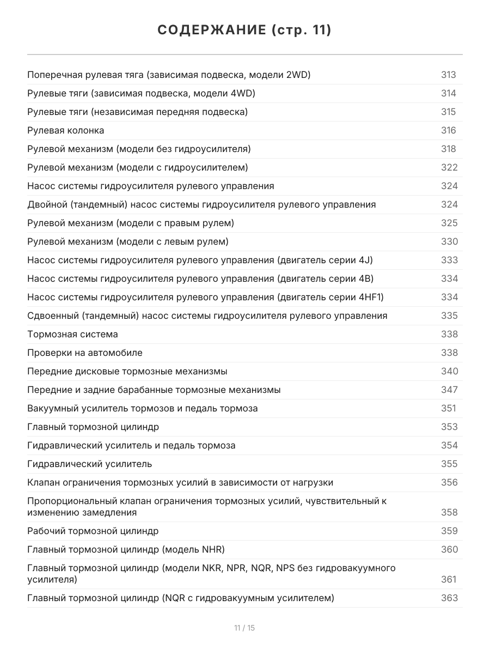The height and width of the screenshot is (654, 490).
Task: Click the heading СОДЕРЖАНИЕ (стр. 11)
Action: click(244, 30)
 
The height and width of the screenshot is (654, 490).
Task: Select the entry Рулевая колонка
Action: click(65, 130)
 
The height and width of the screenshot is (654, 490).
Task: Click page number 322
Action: click(449, 167)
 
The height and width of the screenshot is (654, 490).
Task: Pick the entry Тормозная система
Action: click(72, 334)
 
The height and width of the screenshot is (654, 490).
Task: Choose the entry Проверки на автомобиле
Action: click(84, 353)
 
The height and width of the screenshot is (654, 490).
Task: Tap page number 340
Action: click(449, 371)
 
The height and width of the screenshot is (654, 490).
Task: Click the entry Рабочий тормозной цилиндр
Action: click(93, 531)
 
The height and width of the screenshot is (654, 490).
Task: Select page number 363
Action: click(449, 598)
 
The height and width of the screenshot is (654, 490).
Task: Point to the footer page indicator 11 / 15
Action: click(244, 628)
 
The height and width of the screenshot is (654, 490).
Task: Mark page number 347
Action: click(449, 390)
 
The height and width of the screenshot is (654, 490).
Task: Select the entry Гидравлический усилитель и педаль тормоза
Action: click(131, 445)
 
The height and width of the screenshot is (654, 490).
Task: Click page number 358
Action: click(449, 512)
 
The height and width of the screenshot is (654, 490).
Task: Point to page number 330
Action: click(449, 241)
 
